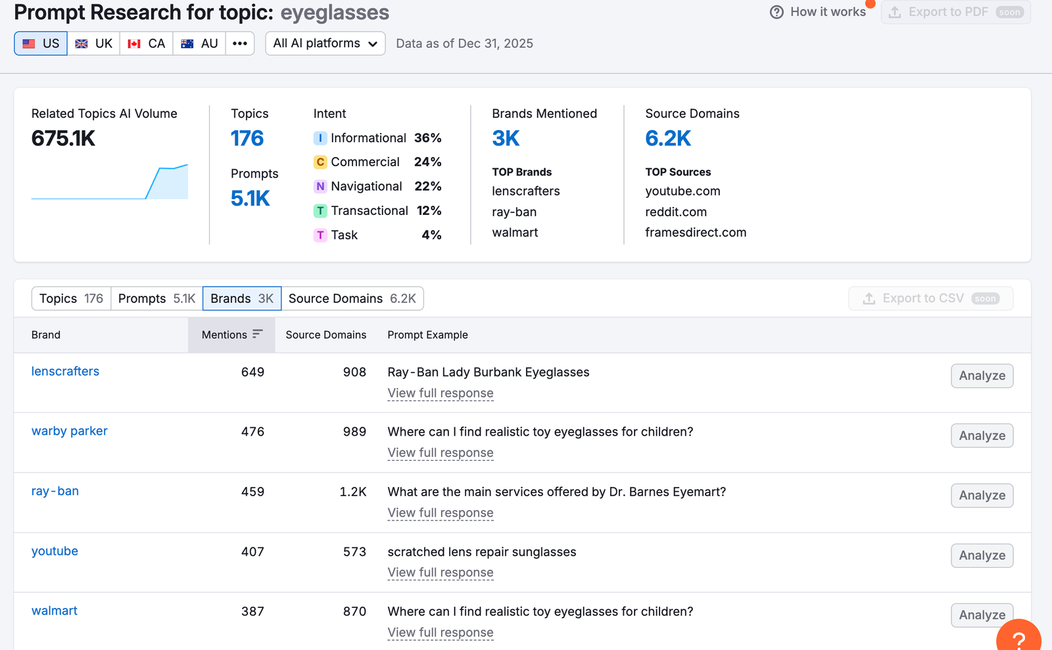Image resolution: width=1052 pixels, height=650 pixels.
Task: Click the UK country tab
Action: [93, 43]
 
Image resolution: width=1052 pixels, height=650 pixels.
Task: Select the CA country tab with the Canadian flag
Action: [146, 43]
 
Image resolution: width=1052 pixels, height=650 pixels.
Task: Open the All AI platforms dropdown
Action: [325, 43]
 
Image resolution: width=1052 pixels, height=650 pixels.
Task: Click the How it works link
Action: [818, 12]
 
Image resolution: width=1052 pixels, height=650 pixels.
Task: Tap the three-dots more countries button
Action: [239, 43]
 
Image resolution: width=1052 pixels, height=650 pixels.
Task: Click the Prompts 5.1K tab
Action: [156, 298]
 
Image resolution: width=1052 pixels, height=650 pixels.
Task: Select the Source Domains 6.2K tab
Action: [352, 298]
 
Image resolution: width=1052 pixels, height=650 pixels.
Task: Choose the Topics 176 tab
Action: [71, 298]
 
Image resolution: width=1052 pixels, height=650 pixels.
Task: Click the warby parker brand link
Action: [69, 431]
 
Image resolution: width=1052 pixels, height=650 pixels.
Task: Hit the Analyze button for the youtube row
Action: [982, 555]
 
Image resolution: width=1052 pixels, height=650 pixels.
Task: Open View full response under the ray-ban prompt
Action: [440, 513]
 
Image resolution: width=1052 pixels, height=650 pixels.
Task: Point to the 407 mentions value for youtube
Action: [252, 551]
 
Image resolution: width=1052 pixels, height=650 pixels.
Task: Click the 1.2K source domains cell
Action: [352, 492]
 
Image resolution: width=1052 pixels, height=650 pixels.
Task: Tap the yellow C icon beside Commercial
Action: [320, 162]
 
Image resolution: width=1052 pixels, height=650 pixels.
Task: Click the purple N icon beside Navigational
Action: [320, 186]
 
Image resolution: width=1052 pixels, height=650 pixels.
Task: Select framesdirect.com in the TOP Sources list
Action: [696, 232]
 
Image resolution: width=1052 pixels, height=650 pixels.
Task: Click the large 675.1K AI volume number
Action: [63, 138]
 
